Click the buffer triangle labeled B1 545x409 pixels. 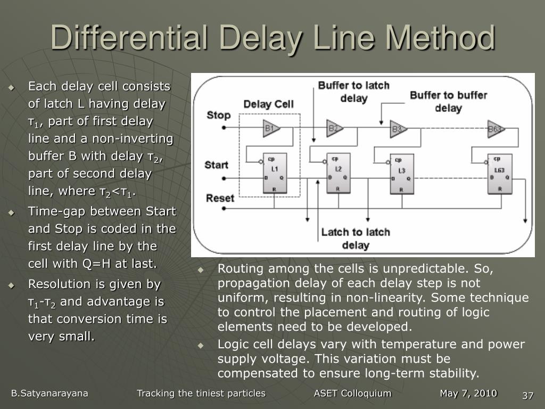click(x=271, y=128)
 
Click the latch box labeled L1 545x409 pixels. click(x=275, y=174)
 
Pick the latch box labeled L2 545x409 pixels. click(x=338, y=174)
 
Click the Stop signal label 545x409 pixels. click(x=218, y=115)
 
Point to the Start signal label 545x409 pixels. click(x=217, y=165)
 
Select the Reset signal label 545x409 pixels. click(x=220, y=198)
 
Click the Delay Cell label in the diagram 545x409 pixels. click(x=268, y=104)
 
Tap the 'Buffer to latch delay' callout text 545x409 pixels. click(x=354, y=92)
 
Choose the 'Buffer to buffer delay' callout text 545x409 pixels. click(x=448, y=101)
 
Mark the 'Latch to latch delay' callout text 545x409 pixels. click(x=356, y=238)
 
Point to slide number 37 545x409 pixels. click(x=527, y=396)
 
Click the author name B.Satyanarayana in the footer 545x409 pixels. click(x=49, y=394)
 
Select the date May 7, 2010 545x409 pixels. click(x=468, y=394)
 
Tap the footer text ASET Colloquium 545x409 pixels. click(x=352, y=394)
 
